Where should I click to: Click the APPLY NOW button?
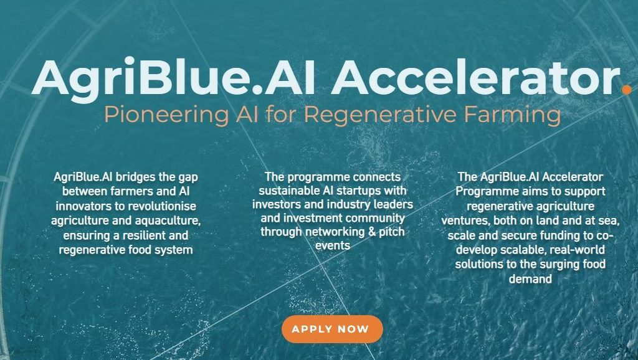click(332, 329)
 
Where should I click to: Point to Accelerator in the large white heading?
click(475, 78)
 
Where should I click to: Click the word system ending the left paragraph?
click(173, 250)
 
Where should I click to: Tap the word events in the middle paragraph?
click(333, 245)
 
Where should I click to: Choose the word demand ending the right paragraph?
click(530, 279)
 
